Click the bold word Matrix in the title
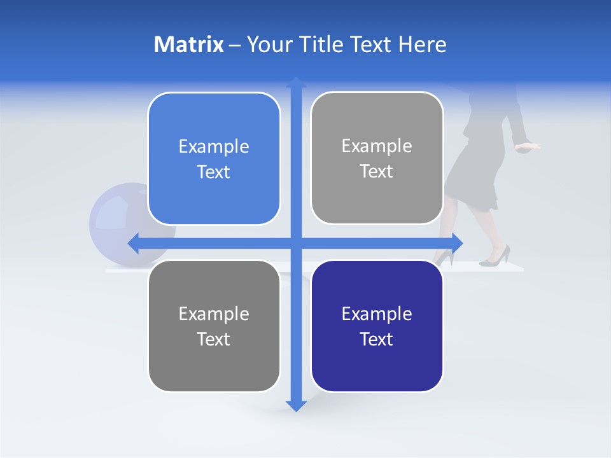click(189, 45)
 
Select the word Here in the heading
click(423, 45)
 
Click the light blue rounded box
click(214, 159)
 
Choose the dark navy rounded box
click(377, 326)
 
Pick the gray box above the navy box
click(377, 158)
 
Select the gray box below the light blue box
click(214, 326)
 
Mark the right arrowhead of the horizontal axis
click(457, 242)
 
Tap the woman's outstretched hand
click(530, 147)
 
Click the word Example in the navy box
click(377, 314)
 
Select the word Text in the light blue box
click(214, 172)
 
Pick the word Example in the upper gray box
click(377, 146)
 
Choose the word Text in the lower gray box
click(214, 339)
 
